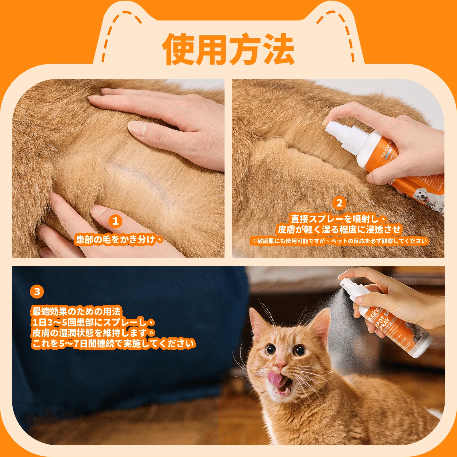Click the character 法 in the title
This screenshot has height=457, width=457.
point(279,49)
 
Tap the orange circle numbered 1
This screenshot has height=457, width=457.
point(115,221)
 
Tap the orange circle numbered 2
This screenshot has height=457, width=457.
point(339,203)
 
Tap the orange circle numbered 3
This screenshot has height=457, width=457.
point(37,292)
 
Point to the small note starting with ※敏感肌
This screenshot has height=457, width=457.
point(339,241)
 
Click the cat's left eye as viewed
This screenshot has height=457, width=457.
point(270,349)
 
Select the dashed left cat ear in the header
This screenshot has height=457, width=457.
point(121,33)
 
